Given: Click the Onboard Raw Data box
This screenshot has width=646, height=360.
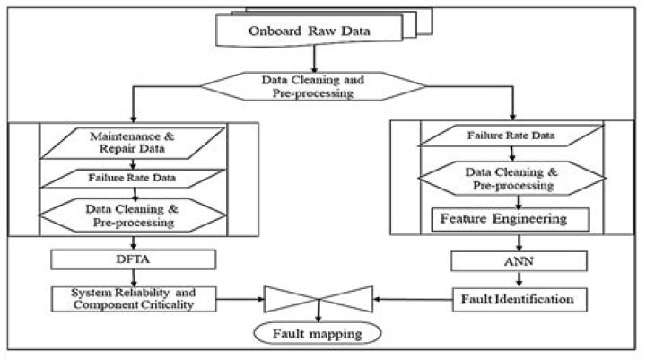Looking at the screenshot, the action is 309,30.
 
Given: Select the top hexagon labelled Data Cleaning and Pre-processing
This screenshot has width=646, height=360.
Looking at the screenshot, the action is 313,86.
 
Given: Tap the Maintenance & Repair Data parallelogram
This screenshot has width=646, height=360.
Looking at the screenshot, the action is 133,143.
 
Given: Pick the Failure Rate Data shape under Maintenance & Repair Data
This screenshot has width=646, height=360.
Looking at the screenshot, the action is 133,178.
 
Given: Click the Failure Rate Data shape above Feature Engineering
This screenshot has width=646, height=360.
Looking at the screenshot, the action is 511,136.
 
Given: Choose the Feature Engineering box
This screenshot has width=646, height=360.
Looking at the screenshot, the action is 511,219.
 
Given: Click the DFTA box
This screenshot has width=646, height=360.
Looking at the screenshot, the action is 133,259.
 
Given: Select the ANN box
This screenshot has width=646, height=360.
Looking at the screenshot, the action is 519,261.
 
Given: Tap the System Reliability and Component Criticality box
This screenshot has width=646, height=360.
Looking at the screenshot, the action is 134,299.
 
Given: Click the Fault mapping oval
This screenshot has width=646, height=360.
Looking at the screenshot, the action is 318,334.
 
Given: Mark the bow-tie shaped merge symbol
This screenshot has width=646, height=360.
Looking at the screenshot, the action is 318,299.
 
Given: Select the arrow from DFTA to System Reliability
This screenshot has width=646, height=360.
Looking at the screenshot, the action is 134,278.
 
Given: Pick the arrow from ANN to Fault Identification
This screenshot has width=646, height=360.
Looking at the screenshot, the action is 519,279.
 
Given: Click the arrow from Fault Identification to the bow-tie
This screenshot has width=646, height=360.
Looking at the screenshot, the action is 413,299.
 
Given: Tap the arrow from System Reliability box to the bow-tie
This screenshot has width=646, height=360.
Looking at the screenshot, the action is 240,299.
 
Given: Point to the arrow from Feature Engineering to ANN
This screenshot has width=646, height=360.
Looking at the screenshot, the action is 519,243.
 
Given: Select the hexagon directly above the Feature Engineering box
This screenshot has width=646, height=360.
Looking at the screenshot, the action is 511,178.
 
